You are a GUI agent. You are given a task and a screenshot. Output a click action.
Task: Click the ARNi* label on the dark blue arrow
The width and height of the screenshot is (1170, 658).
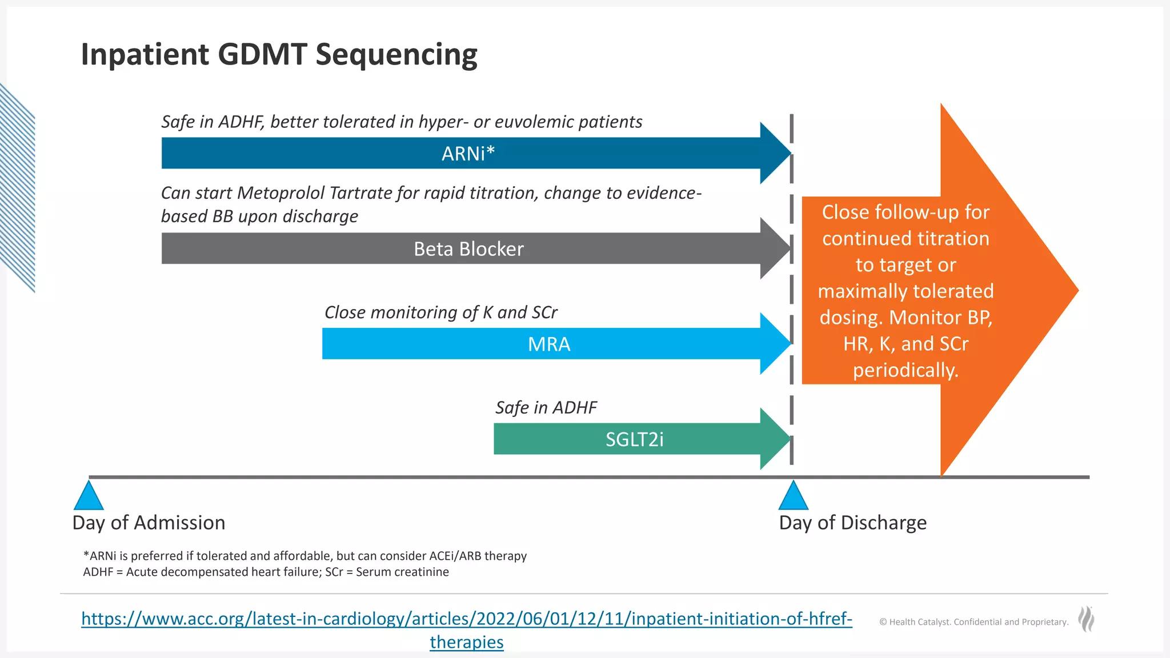point(468,154)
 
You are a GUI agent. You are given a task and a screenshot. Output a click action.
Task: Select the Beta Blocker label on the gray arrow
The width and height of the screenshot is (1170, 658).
point(468,249)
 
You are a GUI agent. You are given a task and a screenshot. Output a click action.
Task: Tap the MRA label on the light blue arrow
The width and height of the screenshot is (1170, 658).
point(549,344)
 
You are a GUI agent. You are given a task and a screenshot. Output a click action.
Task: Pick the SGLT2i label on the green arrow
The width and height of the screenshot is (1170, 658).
point(634,439)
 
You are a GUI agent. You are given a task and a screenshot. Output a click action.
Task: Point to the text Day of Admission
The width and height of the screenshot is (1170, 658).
point(149,523)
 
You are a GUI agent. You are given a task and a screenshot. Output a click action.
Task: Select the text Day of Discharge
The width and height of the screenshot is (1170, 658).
point(852,523)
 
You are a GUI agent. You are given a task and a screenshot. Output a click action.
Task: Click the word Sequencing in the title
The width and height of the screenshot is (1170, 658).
point(396,55)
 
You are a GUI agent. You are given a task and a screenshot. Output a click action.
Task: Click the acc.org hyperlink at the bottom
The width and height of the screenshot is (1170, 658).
point(466,619)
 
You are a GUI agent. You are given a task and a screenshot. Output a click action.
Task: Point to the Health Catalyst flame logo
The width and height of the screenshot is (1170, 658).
point(1086,619)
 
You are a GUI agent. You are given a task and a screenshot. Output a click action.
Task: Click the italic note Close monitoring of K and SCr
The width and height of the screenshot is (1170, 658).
point(440,312)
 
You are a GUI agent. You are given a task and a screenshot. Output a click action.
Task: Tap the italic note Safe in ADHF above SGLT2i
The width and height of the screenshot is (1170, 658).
point(546,408)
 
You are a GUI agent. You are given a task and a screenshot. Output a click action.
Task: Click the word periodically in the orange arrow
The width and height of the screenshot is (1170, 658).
point(905,370)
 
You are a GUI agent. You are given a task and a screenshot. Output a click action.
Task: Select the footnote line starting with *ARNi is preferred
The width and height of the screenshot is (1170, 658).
point(305,556)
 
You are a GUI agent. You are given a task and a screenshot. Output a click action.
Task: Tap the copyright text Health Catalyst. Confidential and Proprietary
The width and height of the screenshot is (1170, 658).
point(973,622)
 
